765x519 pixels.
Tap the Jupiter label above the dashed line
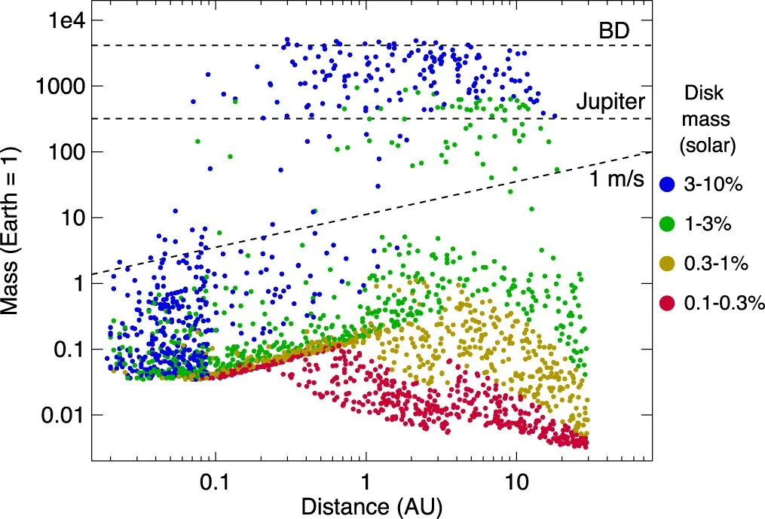[x=607, y=103]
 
